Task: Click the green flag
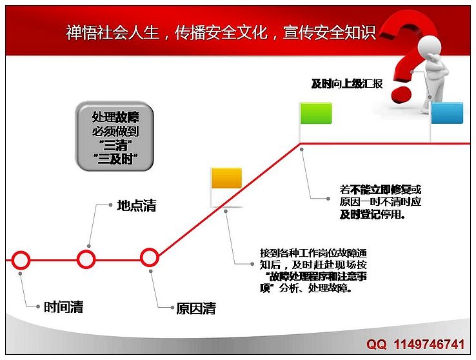click(x=316, y=113)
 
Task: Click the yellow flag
click(x=226, y=178)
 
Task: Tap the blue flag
click(x=447, y=113)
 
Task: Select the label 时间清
click(x=63, y=307)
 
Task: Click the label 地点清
click(x=137, y=206)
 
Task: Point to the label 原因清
click(x=196, y=308)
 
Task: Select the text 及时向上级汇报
click(x=347, y=83)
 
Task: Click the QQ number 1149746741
click(x=430, y=345)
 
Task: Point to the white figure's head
click(x=430, y=46)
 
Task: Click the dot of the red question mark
click(x=401, y=95)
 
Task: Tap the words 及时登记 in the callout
click(x=361, y=215)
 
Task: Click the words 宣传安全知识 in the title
click(x=330, y=32)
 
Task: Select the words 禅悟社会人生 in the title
click(x=113, y=32)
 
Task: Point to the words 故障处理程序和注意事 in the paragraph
click(x=319, y=277)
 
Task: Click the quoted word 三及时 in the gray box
click(x=115, y=158)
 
